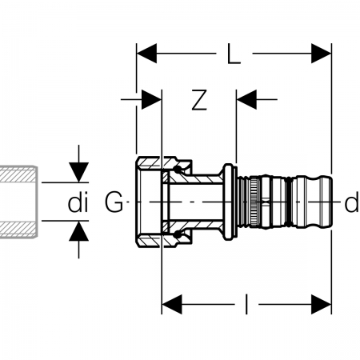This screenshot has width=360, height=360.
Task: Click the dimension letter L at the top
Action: (234, 54)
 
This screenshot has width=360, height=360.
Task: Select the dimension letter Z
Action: (199, 100)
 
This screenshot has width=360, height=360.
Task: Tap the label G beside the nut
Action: (114, 202)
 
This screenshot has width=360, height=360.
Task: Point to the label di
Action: (78, 203)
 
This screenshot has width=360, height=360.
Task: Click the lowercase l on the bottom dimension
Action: (246, 304)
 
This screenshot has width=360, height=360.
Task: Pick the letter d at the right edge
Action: (352, 203)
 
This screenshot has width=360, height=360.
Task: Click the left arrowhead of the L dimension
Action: (146, 54)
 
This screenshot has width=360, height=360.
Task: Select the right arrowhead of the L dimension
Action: (322, 54)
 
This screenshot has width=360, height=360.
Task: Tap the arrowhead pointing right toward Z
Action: (151, 99)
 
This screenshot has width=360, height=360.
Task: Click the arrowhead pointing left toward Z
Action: (246, 99)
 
